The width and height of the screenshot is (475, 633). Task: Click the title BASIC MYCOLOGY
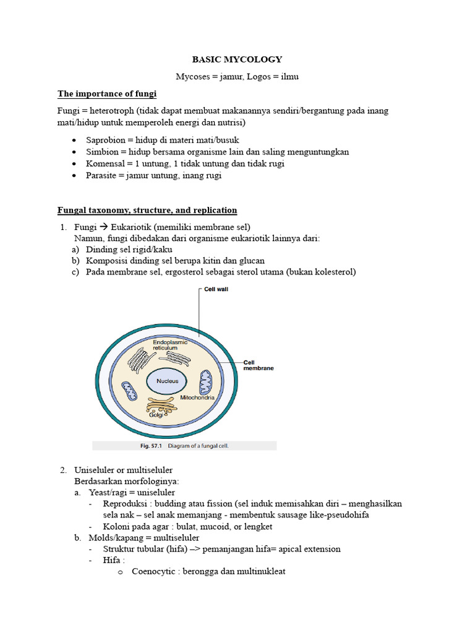click(237, 59)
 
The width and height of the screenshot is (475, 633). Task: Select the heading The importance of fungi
click(107, 94)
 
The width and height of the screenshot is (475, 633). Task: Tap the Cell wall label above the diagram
click(216, 289)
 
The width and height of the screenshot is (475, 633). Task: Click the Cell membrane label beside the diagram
click(259, 365)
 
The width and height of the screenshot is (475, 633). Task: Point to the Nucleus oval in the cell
click(167, 381)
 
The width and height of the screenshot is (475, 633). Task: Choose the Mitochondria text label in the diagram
click(197, 397)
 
